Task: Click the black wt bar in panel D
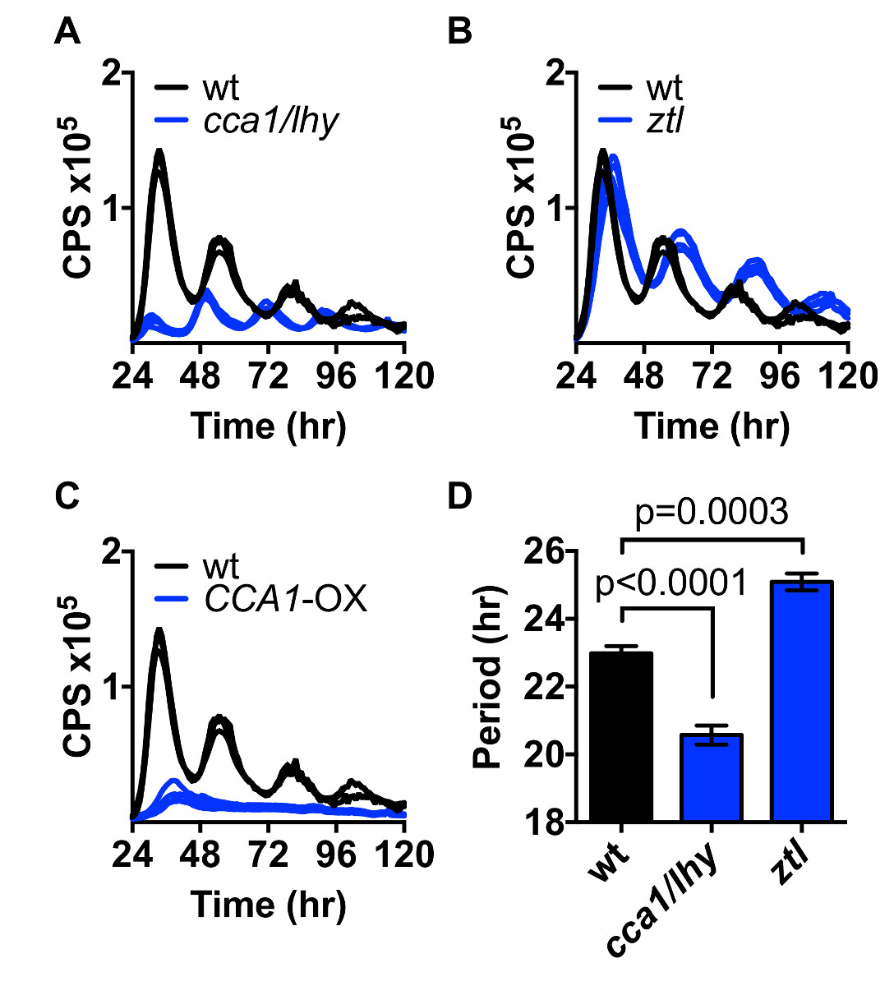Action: (622, 736)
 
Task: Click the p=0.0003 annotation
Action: (712, 511)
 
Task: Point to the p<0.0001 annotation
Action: (671, 582)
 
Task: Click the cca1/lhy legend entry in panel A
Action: (270, 121)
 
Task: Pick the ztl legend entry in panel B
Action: (664, 121)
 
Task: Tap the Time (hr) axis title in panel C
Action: (269, 905)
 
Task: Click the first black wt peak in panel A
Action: (159, 153)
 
